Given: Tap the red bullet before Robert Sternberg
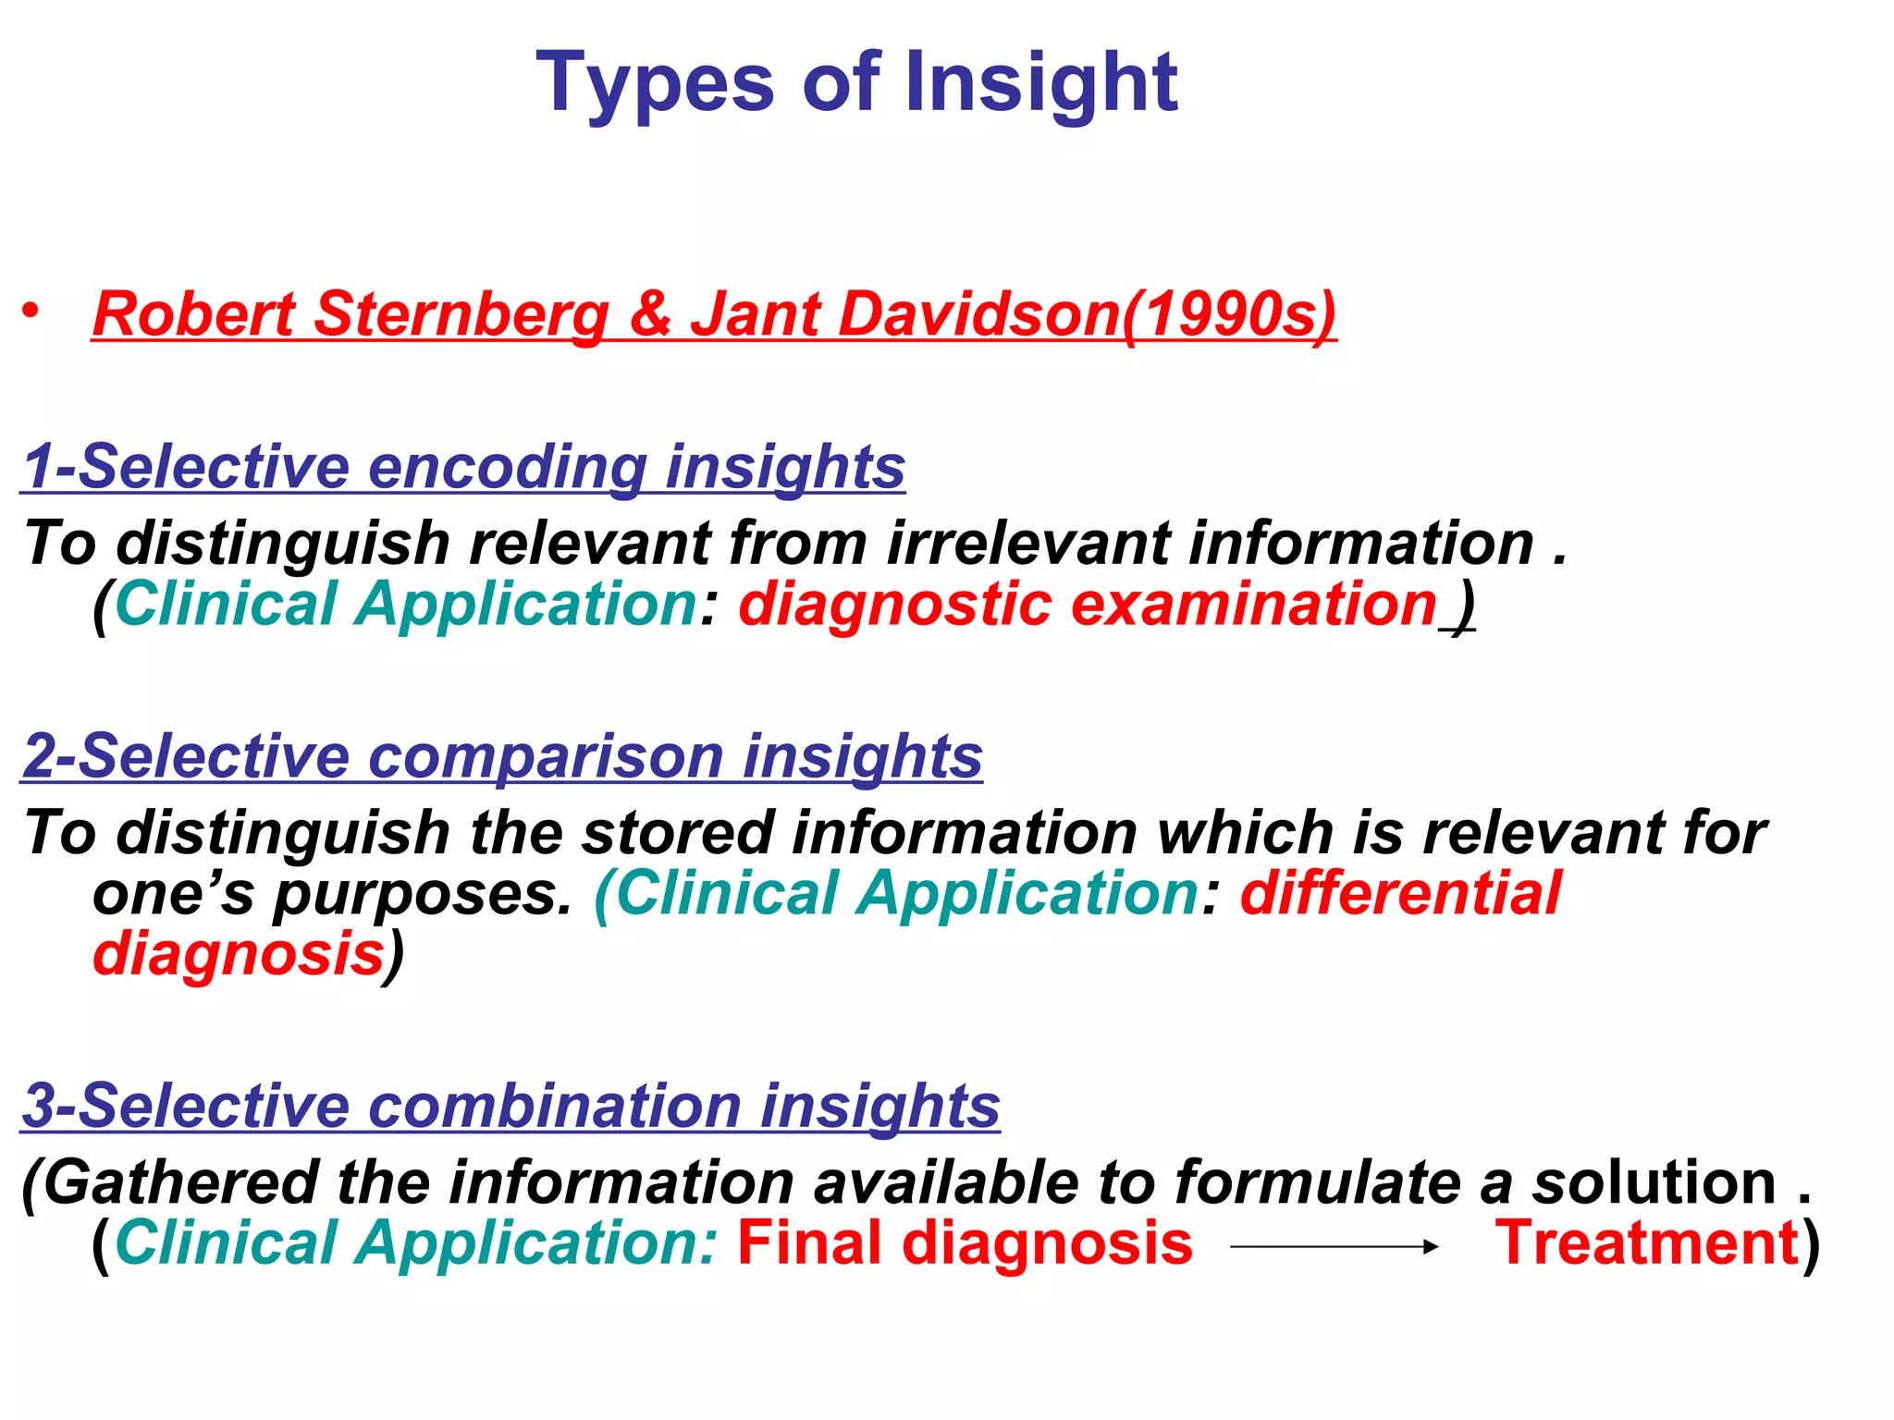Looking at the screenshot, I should (x=32, y=312).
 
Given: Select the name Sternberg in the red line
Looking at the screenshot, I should (x=461, y=314).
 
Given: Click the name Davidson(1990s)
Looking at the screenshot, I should (x=1013, y=314).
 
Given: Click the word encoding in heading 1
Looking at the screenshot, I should (x=507, y=467).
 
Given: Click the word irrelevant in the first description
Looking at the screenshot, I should (x=1027, y=543).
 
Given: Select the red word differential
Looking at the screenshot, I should (x=1400, y=894).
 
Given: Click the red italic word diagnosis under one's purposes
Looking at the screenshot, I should (x=239, y=954).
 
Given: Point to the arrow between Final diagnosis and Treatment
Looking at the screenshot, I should (x=1334, y=1246).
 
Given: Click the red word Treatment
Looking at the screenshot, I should (x=1647, y=1242).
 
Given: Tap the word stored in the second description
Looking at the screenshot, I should (x=676, y=833).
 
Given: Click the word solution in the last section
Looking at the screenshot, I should (x=1654, y=1182).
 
